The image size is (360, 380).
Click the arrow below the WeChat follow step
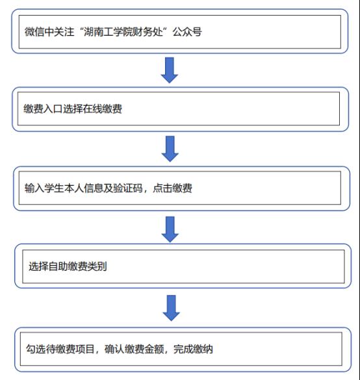pyautogui.click(x=170, y=70)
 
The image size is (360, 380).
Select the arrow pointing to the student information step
pyautogui.click(x=170, y=149)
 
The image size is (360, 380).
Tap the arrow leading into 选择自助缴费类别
pyautogui.click(x=170, y=229)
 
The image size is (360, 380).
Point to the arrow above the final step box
pyautogui.click(x=171, y=308)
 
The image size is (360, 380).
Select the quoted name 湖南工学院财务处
pyautogui.click(x=123, y=32)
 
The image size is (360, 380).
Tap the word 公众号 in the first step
pyautogui.click(x=187, y=32)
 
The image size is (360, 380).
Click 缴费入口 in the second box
pyautogui.click(x=43, y=108)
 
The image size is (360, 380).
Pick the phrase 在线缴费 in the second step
pyautogui.click(x=102, y=108)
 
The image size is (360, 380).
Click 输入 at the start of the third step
pyautogui.click(x=34, y=188)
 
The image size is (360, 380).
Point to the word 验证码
pyautogui.click(x=128, y=188)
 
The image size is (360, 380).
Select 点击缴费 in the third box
pyautogui.click(x=172, y=188)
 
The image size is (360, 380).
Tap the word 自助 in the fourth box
pyautogui.click(x=58, y=266)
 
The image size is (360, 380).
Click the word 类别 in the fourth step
pyautogui.click(x=97, y=266)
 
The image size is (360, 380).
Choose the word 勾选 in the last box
pyautogui.click(x=36, y=349)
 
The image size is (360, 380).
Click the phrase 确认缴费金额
pyautogui.click(x=134, y=349)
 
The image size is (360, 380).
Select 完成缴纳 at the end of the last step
pyautogui.click(x=193, y=349)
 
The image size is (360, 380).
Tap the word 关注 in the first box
pyautogui.click(x=64, y=32)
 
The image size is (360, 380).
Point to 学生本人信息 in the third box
pyautogui.click(x=73, y=188)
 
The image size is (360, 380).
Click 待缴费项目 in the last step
pyautogui.click(x=70, y=349)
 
